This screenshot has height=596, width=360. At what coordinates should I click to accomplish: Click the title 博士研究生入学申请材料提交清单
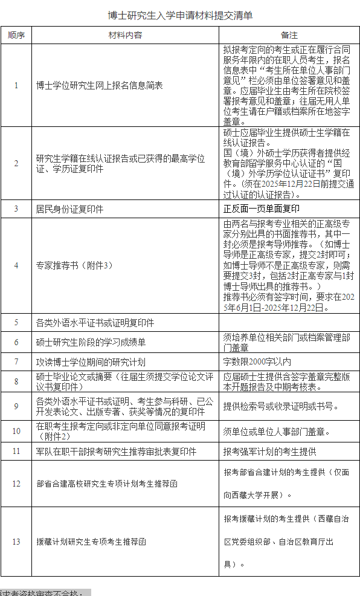[x=180, y=15]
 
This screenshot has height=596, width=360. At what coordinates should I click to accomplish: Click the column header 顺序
[x=16, y=35]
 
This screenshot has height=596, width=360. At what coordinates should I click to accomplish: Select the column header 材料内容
[x=125, y=35]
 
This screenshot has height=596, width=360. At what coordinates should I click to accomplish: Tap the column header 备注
[x=289, y=35]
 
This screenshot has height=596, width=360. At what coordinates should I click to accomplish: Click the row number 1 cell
[x=16, y=85]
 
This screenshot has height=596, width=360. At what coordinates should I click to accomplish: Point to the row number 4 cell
[x=16, y=265]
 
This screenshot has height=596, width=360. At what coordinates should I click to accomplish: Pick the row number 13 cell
[x=16, y=542]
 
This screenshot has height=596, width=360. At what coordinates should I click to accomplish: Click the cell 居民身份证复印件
[x=69, y=209]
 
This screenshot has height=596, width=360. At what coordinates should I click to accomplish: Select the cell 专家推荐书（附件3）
[x=74, y=265]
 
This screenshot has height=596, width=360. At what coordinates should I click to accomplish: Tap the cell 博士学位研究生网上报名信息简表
[x=100, y=85]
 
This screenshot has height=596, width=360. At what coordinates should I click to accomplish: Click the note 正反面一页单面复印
[x=262, y=209]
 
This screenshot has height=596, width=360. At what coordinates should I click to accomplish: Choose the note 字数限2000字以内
[x=257, y=361]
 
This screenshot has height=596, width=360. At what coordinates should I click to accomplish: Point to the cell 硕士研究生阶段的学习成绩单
[x=91, y=342]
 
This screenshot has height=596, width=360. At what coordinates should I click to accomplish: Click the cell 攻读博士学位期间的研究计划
[x=91, y=361]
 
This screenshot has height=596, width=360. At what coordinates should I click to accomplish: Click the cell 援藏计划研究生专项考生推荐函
[x=91, y=542]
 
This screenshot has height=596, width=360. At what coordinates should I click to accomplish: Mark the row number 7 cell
[x=16, y=361]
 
